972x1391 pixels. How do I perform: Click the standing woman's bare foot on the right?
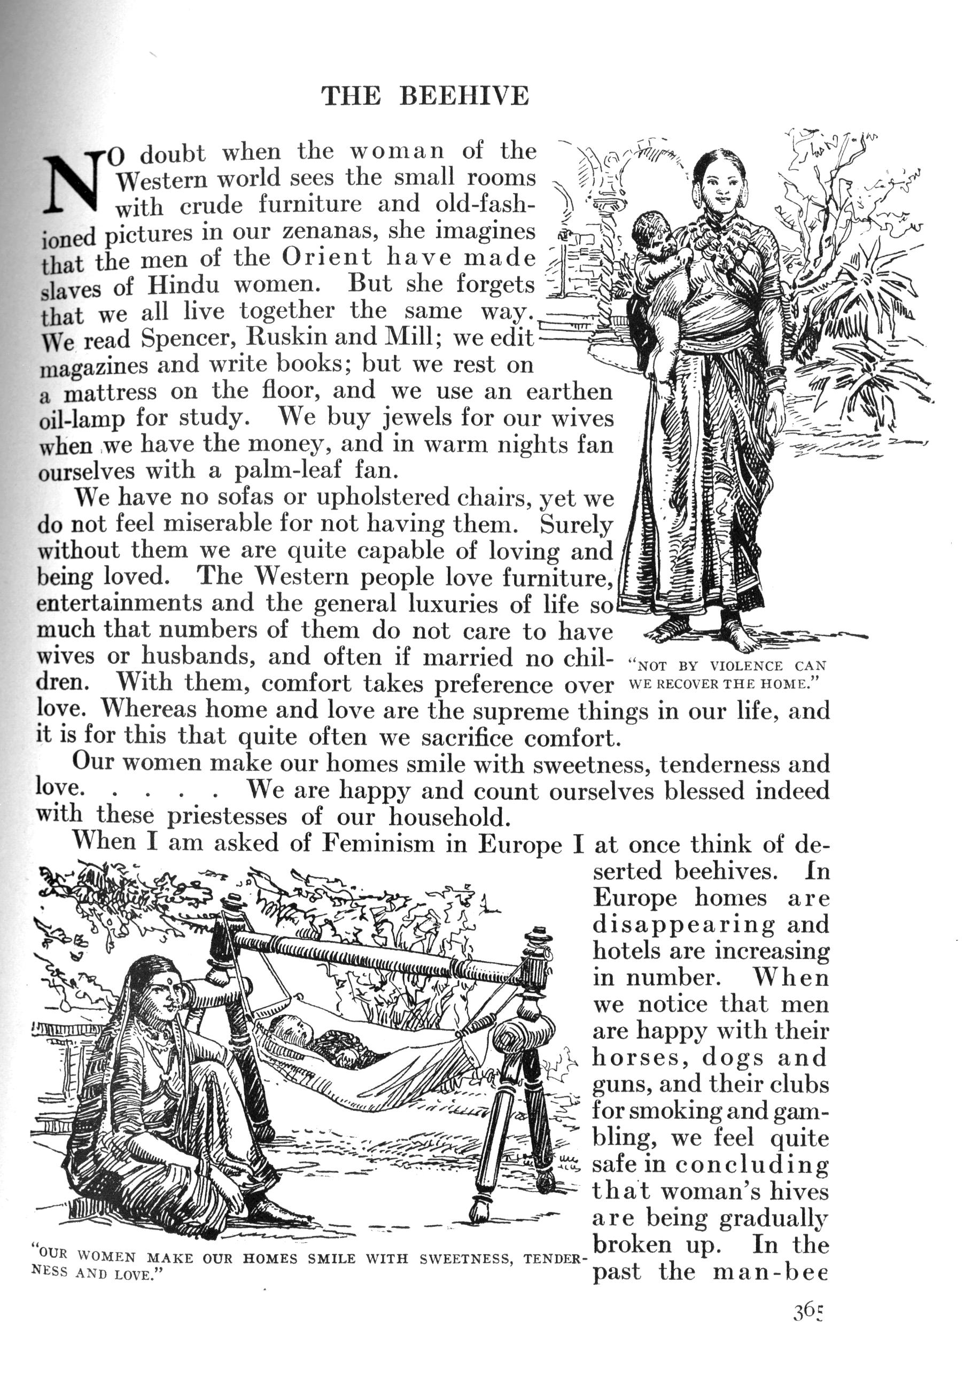(740, 633)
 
